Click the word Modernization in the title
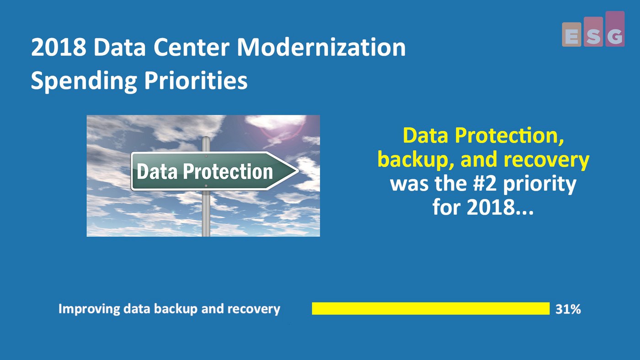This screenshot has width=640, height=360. pos(321,48)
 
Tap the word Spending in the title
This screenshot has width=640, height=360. pos(83,81)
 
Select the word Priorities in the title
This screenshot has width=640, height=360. pos(196,80)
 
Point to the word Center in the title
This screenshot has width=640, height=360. pos(192,48)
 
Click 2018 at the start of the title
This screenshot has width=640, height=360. pos(59,48)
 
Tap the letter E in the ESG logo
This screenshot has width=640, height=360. pos(572,37)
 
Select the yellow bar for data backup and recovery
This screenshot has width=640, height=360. pos(431,309)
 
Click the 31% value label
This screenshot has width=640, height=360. pos(568,309)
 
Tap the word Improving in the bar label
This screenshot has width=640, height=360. pos(89,309)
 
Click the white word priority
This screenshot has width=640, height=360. pos(539,184)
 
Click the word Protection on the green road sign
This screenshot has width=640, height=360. pos(228,172)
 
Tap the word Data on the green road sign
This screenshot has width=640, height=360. pos(157,172)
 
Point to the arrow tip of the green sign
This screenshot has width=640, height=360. pos(298,171)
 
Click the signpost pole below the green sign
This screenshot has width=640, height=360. pos(206,213)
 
